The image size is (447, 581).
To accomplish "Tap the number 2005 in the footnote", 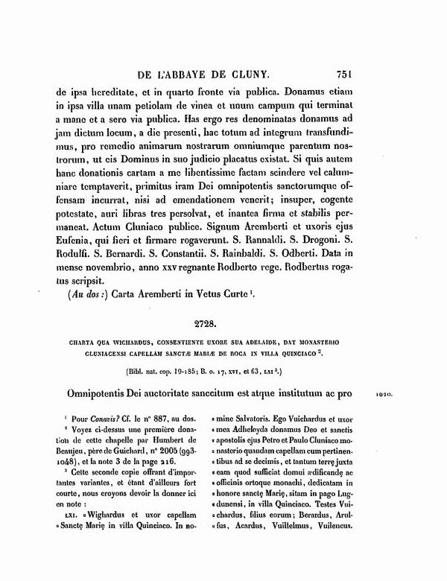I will [x=176, y=454].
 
